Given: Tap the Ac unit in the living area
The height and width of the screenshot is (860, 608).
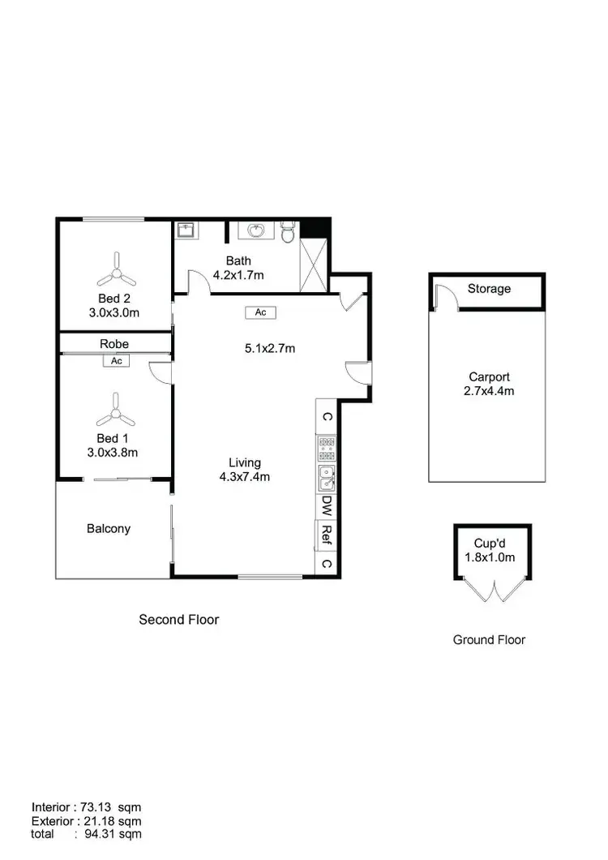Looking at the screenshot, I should click(260, 312).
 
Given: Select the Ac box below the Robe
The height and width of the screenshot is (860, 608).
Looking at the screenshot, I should click(116, 361).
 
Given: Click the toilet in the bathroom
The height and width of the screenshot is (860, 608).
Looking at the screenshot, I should click(288, 233).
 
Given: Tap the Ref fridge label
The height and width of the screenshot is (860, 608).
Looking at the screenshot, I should click(326, 534).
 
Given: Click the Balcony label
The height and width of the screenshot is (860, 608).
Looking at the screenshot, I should click(109, 528).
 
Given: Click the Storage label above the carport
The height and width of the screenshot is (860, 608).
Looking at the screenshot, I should click(489, 289).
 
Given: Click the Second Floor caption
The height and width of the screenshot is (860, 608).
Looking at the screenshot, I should click(179, 619).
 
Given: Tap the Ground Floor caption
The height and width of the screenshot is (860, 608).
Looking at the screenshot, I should click(489, 639).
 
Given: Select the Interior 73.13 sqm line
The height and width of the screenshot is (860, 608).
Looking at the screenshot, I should click(88, 807).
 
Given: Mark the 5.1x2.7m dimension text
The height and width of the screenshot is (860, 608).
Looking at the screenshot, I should click(268, 349).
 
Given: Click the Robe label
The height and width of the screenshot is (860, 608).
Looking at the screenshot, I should click(114, 344).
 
